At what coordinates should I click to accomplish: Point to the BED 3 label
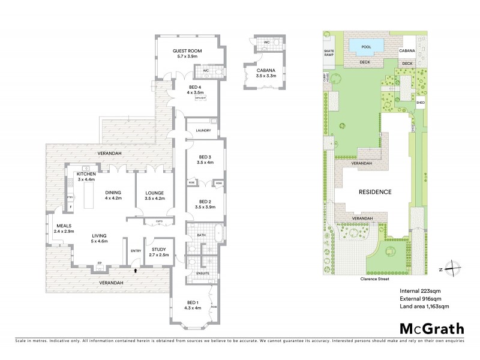pos(205,158)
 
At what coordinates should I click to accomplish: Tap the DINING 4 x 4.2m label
pos(113,195)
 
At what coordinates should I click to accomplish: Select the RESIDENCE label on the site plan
pos(375,192)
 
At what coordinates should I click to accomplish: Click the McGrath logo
pos(432,328)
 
